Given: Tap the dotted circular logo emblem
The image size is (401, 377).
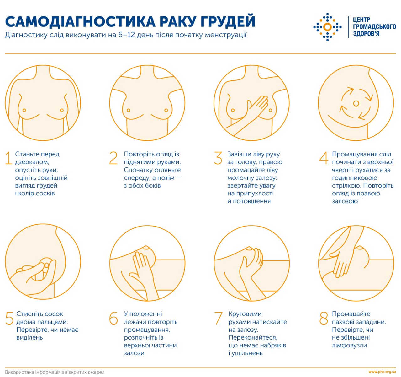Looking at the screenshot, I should (327, 27).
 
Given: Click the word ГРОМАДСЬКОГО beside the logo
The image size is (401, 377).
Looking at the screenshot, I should (374, 27).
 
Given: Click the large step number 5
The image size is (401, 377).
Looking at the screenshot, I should (9, 318).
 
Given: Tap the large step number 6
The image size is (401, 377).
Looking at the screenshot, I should (113, 318).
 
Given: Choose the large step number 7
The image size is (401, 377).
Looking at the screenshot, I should (218, 318).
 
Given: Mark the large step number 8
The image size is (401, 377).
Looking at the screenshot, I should (324, 318).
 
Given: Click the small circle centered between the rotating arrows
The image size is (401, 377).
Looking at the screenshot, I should (356, 103).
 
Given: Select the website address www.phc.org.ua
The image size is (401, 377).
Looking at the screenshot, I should (382, 372).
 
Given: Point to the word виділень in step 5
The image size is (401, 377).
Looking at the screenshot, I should (29, 337).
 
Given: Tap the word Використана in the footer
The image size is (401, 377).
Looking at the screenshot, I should (19, 372).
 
